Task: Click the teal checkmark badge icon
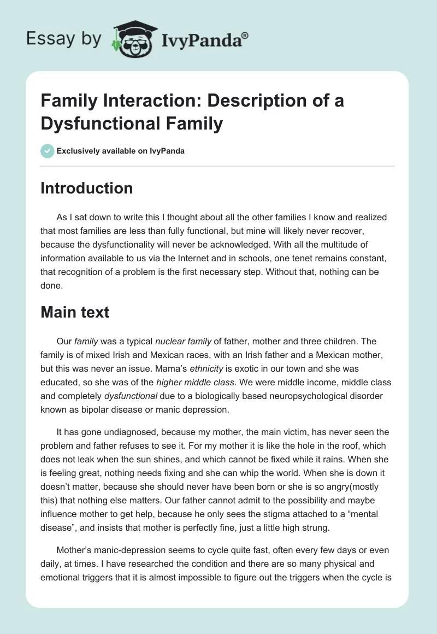pyautogui.click(x=48, y=151)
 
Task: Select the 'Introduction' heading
pyautogui.click(x=87, y=188)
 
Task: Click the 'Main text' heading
pyautogui.click(x=75, y=312)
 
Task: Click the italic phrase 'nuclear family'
pyautogui.click(x=183, y=341)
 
